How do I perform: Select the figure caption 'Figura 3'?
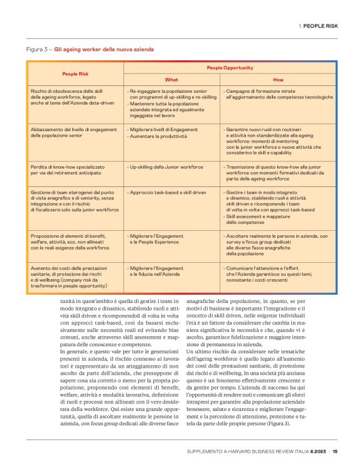click(x=39, y=49)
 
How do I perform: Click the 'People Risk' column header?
click(x=75, y=73)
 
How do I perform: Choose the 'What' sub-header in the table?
click(x=171, y=80)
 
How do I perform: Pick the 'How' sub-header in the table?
click(x=278, y=80)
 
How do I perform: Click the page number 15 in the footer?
click(x=335, y=451)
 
